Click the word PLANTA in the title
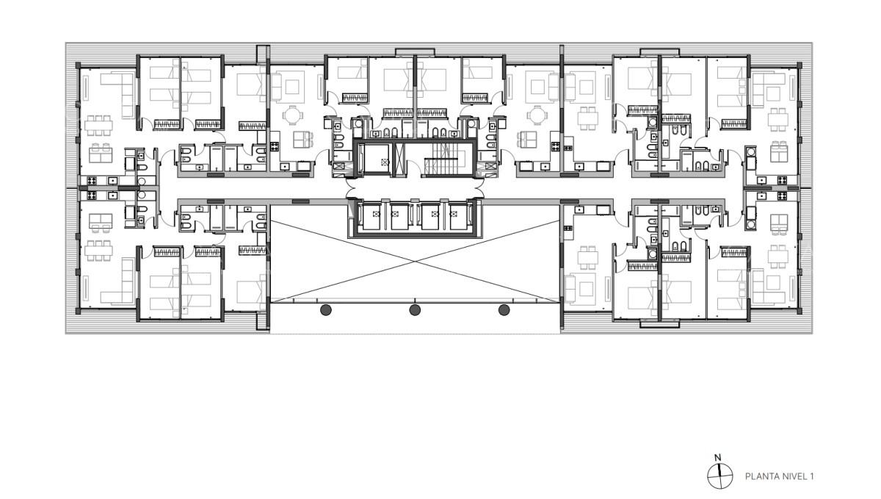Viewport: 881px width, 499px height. point(762,476)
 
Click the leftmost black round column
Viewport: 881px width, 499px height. point(325,310)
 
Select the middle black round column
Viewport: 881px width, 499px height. point(415,310)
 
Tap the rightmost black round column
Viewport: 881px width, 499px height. point(504,310)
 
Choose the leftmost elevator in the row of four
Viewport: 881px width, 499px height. point(377,218)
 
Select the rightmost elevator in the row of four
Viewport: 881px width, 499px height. point(459,218)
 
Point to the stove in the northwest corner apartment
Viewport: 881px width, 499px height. point(93,180)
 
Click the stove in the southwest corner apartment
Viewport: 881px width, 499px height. point(93,195)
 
